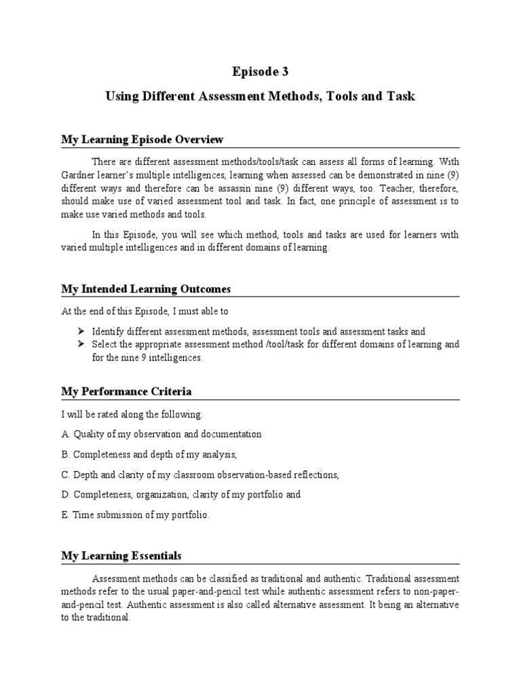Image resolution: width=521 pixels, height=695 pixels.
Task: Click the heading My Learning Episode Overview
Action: coord(142,140)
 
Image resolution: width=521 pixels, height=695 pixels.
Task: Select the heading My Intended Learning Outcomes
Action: coord(146,289)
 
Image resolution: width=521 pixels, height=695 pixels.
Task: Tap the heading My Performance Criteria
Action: coord(126,392)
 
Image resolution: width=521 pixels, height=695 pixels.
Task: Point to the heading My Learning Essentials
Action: coord(121,556)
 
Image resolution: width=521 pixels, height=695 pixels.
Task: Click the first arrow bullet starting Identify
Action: coord(80,331)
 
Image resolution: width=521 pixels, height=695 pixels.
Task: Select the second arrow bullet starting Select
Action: coord(80,345)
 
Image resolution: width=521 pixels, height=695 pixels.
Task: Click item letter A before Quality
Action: coord(65,434)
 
